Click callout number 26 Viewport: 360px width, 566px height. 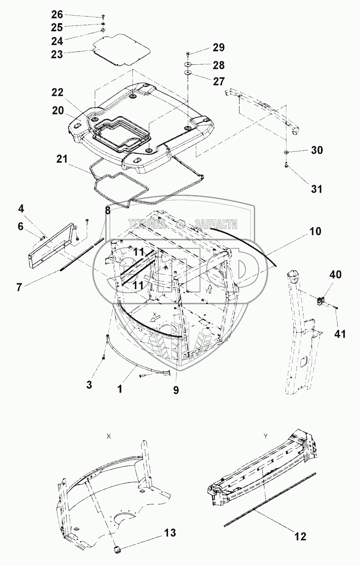click(x=57, y=14)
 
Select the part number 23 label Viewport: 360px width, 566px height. click(x=57, y=54)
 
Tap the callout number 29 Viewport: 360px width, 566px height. click(x=219, y=48)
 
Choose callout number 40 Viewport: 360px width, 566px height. click(x=336, y=274)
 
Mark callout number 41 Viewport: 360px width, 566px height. click(x=340, y=335)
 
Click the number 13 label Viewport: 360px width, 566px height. click(x=170, y=533)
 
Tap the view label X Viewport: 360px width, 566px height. click(x=109, y=436)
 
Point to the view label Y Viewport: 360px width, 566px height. click(x=266, y=436)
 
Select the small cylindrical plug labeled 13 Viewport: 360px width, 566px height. click(x=116, y=549)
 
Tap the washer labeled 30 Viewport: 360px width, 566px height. click(x=286, y=152)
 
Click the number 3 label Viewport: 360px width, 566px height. click(x=89, y=384)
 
